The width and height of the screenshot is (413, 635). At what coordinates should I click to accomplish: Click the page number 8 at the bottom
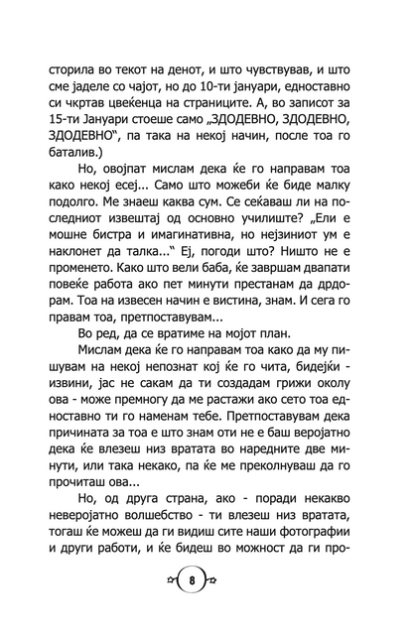tap(206, 607)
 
